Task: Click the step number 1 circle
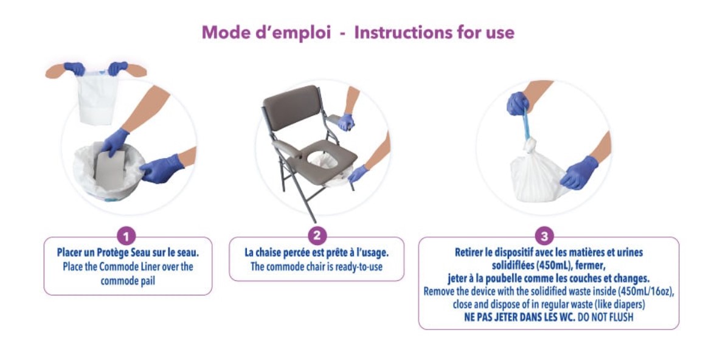(x=126, y=237)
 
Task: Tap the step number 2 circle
(x=317, y=237)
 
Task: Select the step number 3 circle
(x=544, y=237)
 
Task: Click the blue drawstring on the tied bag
(x=526, y=123)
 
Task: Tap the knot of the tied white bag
(x=530, y=145)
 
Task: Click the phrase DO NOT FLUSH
(x=606, y=317)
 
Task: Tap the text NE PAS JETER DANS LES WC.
(x=519, y=317)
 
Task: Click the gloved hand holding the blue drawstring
(x=518, y=103)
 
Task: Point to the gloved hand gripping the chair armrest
(x=345, y=122)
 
